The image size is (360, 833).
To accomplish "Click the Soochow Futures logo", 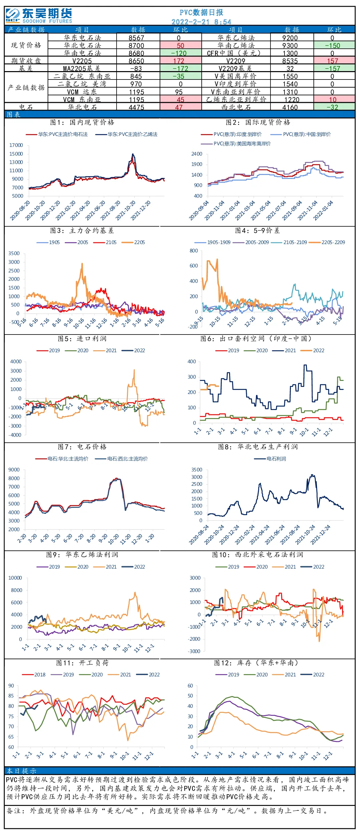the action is pos(39,16).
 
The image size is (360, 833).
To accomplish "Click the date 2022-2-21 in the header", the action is pos(190,22).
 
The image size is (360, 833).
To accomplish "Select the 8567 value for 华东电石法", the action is pos(136,38).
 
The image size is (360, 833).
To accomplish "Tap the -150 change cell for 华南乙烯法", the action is pos(332,45).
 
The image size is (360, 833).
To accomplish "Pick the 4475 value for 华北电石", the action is pos(136,107).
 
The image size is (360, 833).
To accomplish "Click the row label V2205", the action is pos(82,61).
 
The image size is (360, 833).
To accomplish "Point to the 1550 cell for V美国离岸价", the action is pos(290,76).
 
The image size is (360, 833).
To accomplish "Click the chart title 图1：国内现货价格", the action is pos(82,123).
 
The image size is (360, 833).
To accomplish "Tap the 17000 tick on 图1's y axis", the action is pos(16,145).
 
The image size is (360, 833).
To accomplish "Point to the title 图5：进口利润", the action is pos(82,339).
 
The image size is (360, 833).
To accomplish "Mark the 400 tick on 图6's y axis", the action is pos(192,362).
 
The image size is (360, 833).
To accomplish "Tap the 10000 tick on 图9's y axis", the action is pos(15,578).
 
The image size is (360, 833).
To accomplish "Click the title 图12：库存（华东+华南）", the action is pos(256,663).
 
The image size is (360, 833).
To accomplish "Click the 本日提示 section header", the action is pos(22,771).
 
